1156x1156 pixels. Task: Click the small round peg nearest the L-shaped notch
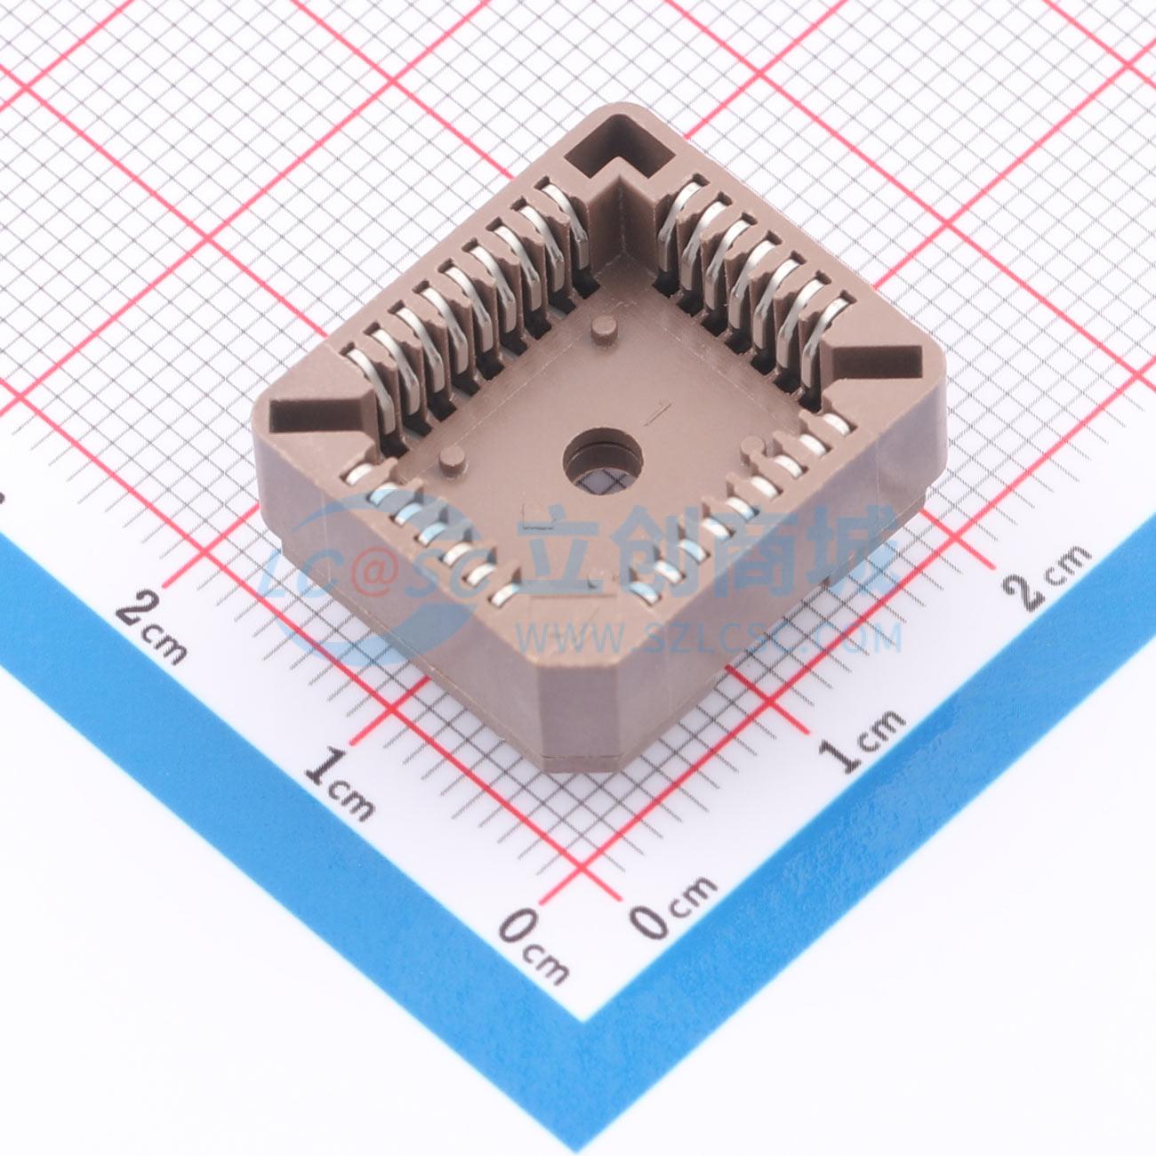[x=604, y=331]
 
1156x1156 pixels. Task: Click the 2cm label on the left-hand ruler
[x=151, y=624]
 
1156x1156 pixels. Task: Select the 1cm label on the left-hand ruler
[x=341, y=782]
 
